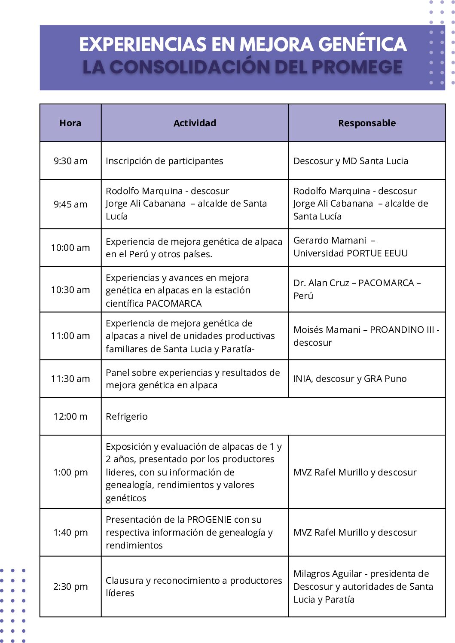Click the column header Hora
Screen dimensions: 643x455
pos(70,123)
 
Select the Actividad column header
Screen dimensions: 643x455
pos(195,123)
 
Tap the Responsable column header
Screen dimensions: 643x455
pos(367,123)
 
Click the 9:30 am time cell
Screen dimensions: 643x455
pos(70,161)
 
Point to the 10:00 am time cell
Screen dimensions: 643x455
pos(70,248)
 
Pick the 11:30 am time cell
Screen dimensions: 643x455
pos(70,379)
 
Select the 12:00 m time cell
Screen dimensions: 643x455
pos(70,417)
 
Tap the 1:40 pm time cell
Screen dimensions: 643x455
pos(70,533)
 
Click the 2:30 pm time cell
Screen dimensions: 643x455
pos(70,587)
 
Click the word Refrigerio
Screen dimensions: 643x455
pos(127,417)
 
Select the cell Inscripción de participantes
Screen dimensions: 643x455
pos(165,161)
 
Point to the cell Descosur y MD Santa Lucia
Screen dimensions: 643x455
pos(351,161)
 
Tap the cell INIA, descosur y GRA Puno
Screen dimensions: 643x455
pos(350,379)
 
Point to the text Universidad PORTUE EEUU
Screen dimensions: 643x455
pos(351,253)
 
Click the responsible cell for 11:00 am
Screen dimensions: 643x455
pos(366,336)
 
